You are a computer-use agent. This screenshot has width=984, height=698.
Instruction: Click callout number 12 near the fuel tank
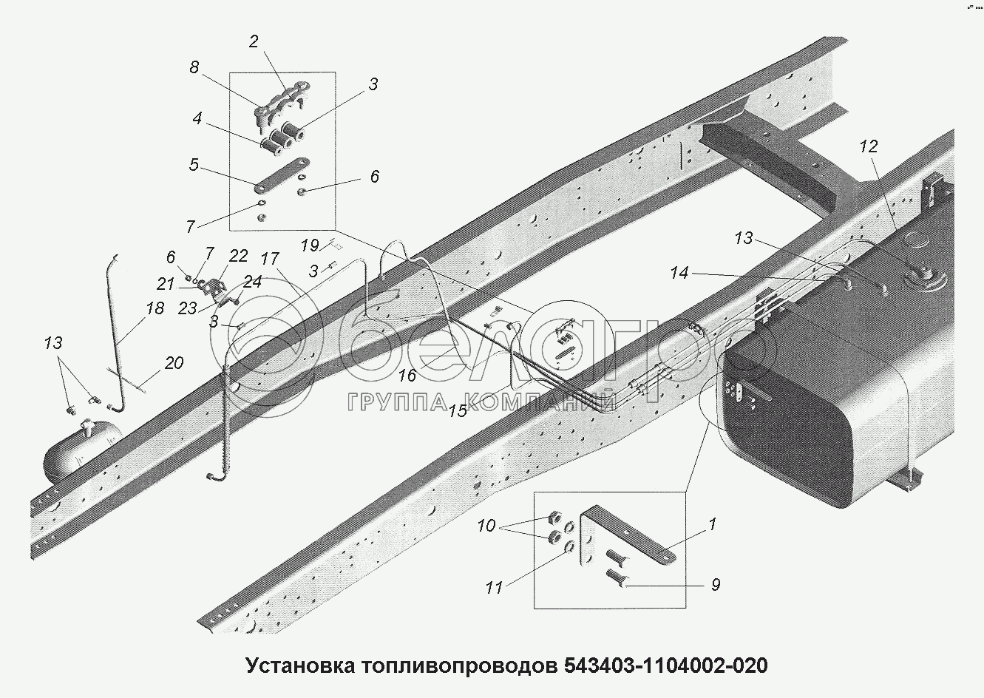click(x=869, y=146)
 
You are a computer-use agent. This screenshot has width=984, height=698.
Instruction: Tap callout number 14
click(x=679, y=274)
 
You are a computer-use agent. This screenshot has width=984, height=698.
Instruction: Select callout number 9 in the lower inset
click(x=715, y=585)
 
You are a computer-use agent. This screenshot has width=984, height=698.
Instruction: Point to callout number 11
click(x=494, y=588)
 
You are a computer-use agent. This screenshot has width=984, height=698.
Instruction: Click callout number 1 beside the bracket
click(x=712, y=524)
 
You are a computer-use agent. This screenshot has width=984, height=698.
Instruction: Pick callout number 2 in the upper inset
click(x=254, y=41)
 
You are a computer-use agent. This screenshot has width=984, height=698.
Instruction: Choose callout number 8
click(x=194, y=67)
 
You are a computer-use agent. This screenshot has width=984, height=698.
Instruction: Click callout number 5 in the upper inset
click(x=194, y=164)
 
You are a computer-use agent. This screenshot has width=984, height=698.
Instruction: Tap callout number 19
click(x=310, y=245)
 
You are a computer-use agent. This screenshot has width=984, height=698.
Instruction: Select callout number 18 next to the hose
click(x=155, y=308)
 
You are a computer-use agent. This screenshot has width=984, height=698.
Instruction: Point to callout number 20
click(x=174, y=363)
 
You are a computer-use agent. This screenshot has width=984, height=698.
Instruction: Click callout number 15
click(x=458, y=411)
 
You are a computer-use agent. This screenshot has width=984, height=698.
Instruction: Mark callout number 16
click(x=407, y=375)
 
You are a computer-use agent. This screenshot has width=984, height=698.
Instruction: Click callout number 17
click(x=271, y=259)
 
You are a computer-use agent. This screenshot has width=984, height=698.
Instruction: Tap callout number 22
click(x=238, y=256)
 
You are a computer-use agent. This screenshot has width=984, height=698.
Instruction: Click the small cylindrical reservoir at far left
click(x=78, y=453)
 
